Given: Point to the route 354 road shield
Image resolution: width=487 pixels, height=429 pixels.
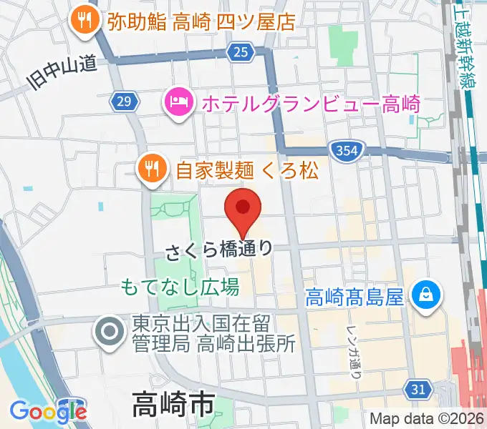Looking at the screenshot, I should [344, 149].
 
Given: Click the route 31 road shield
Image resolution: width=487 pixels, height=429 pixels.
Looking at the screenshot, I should [418, 389].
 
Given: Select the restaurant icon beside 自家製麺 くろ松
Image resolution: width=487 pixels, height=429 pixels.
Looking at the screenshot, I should [152, 169].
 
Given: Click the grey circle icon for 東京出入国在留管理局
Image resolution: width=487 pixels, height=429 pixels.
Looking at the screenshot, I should [110, 331].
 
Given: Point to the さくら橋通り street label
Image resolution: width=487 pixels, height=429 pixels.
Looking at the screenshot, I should [219, 250].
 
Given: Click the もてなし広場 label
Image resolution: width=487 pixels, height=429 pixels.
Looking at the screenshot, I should [180, 287].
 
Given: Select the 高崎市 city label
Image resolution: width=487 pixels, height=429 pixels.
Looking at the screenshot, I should [173, 405].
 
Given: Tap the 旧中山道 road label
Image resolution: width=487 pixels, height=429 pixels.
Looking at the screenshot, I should [62, 74].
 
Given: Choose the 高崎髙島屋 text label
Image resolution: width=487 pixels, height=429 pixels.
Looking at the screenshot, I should [355, 295].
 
